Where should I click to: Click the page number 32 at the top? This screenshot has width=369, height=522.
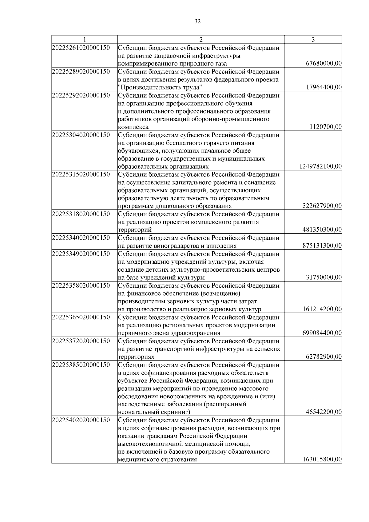point(197,22)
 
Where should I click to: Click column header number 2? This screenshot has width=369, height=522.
point(201,39)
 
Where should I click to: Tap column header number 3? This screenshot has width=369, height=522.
point(313,39)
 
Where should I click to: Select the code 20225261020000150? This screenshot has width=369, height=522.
point(81,48)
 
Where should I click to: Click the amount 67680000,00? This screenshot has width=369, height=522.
point(324,64)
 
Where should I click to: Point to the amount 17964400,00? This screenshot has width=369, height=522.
point(324,87)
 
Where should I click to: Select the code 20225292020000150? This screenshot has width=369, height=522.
point(81,95)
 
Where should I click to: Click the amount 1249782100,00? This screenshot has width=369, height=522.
point(320,166)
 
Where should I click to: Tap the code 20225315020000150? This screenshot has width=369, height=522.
point(81,174)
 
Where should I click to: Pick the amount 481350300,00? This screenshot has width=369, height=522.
point(322,230)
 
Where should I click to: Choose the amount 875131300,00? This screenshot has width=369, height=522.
point(322,246)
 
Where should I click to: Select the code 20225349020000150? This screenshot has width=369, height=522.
point(81,254)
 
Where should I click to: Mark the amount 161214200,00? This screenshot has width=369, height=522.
point(322,309)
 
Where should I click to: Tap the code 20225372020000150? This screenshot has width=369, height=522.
point(81,341)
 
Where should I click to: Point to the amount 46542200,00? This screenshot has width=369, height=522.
point(324,412)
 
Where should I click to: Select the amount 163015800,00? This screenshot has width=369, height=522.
point(322,460)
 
